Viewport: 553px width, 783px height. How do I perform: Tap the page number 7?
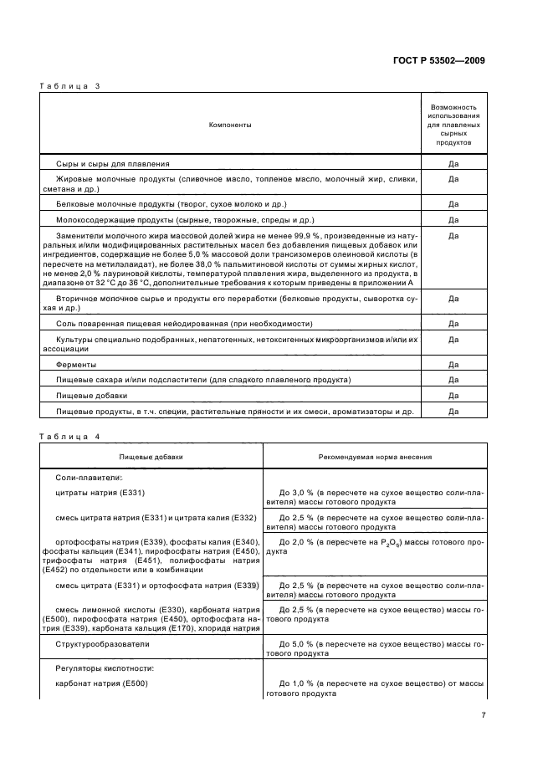pyautogui.click(x=483, y=715)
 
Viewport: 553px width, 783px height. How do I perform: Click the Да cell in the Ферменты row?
pyautogui.click(x=453, y=365)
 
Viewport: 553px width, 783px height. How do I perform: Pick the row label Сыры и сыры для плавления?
pyautogui.click(x=113, y=164)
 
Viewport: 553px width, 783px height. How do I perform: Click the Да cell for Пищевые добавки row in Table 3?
pyautogui.click(x=453, y=395)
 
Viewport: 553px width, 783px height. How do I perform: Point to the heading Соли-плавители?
pyautogui.click(x=88, y=476)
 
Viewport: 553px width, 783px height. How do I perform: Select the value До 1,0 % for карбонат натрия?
pyautogui.click(x=303, y=683)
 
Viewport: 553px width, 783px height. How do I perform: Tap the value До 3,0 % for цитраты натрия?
pyautogui.click(x=303, y=493)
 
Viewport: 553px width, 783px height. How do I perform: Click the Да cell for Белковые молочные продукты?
pyautogui.click(x=453, y=203)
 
